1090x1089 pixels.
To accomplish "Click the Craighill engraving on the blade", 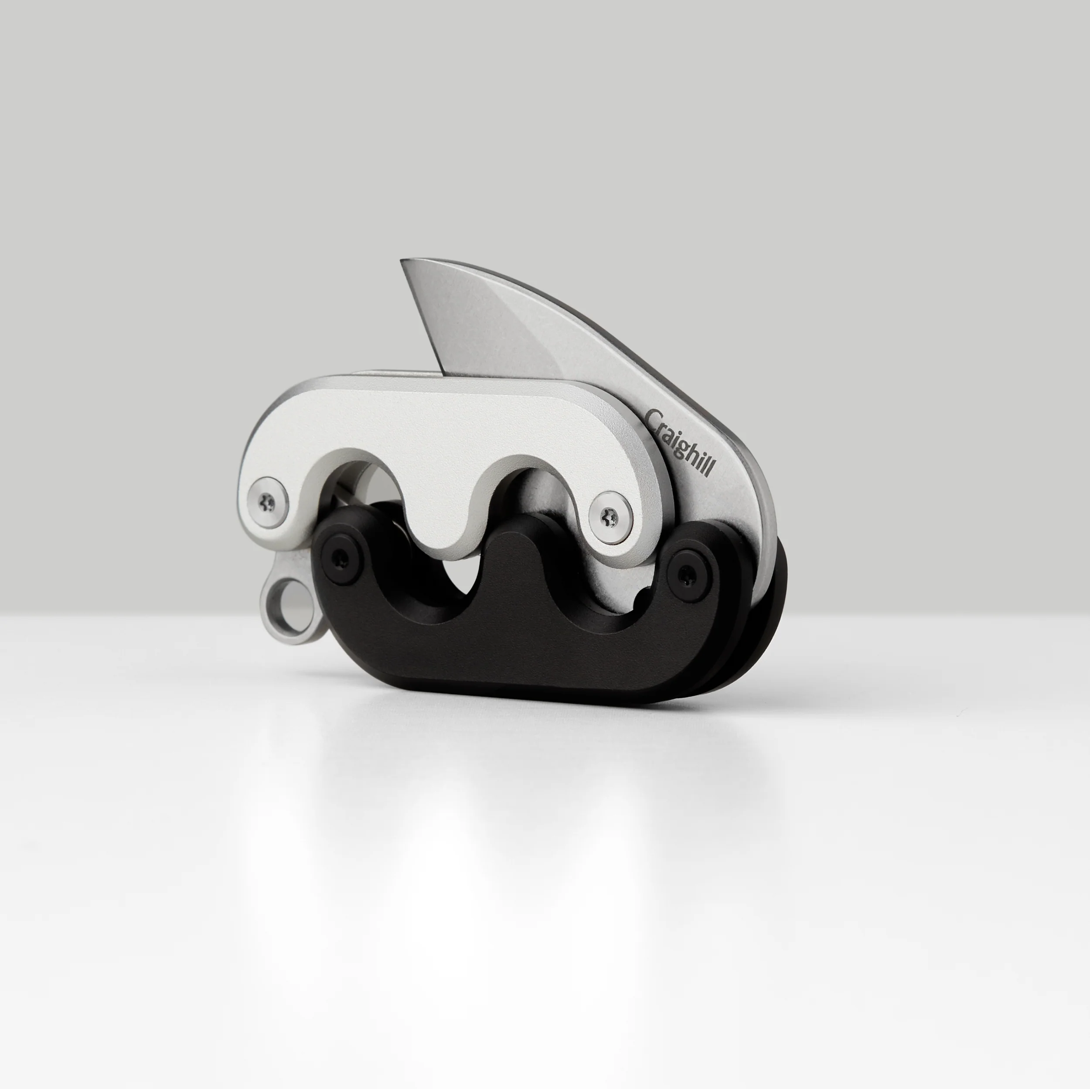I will tap(680, 443).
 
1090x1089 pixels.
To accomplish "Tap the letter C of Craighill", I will tap(653, 419).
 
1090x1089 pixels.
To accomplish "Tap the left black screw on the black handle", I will tap(340, 558).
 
